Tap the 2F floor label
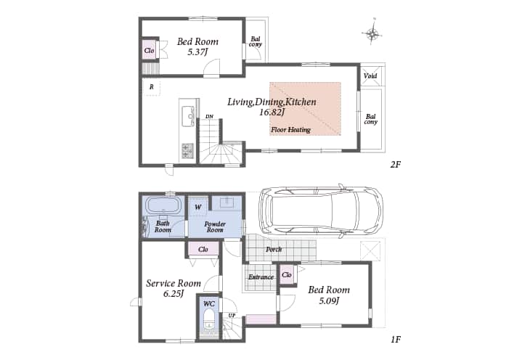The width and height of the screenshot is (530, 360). (x=396, y=165)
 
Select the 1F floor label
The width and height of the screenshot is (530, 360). (x=396, y=339)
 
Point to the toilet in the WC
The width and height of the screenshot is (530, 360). (x=209, y=319)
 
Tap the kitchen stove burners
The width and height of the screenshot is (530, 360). (x=187, y=150)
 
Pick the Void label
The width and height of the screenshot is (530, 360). (x=370, y=75)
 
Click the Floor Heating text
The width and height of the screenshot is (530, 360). (x=290, y=129)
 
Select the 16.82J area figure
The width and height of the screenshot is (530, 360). (x=270, y=112)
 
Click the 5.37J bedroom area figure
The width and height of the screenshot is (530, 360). (x=197, y=52)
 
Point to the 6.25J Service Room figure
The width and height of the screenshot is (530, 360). (x=173, y=293)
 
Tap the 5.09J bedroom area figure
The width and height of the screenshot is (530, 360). (x=329, y=300)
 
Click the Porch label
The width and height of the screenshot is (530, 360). (x=274, y=250)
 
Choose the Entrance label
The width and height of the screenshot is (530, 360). (x=261, y=277)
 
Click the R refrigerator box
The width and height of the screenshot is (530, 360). (x=152, y=87)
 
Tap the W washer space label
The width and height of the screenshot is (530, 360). (x=197, y=207)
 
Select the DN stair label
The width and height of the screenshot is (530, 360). (x=210, y=117)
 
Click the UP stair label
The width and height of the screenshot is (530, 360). (x=232, y=316)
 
